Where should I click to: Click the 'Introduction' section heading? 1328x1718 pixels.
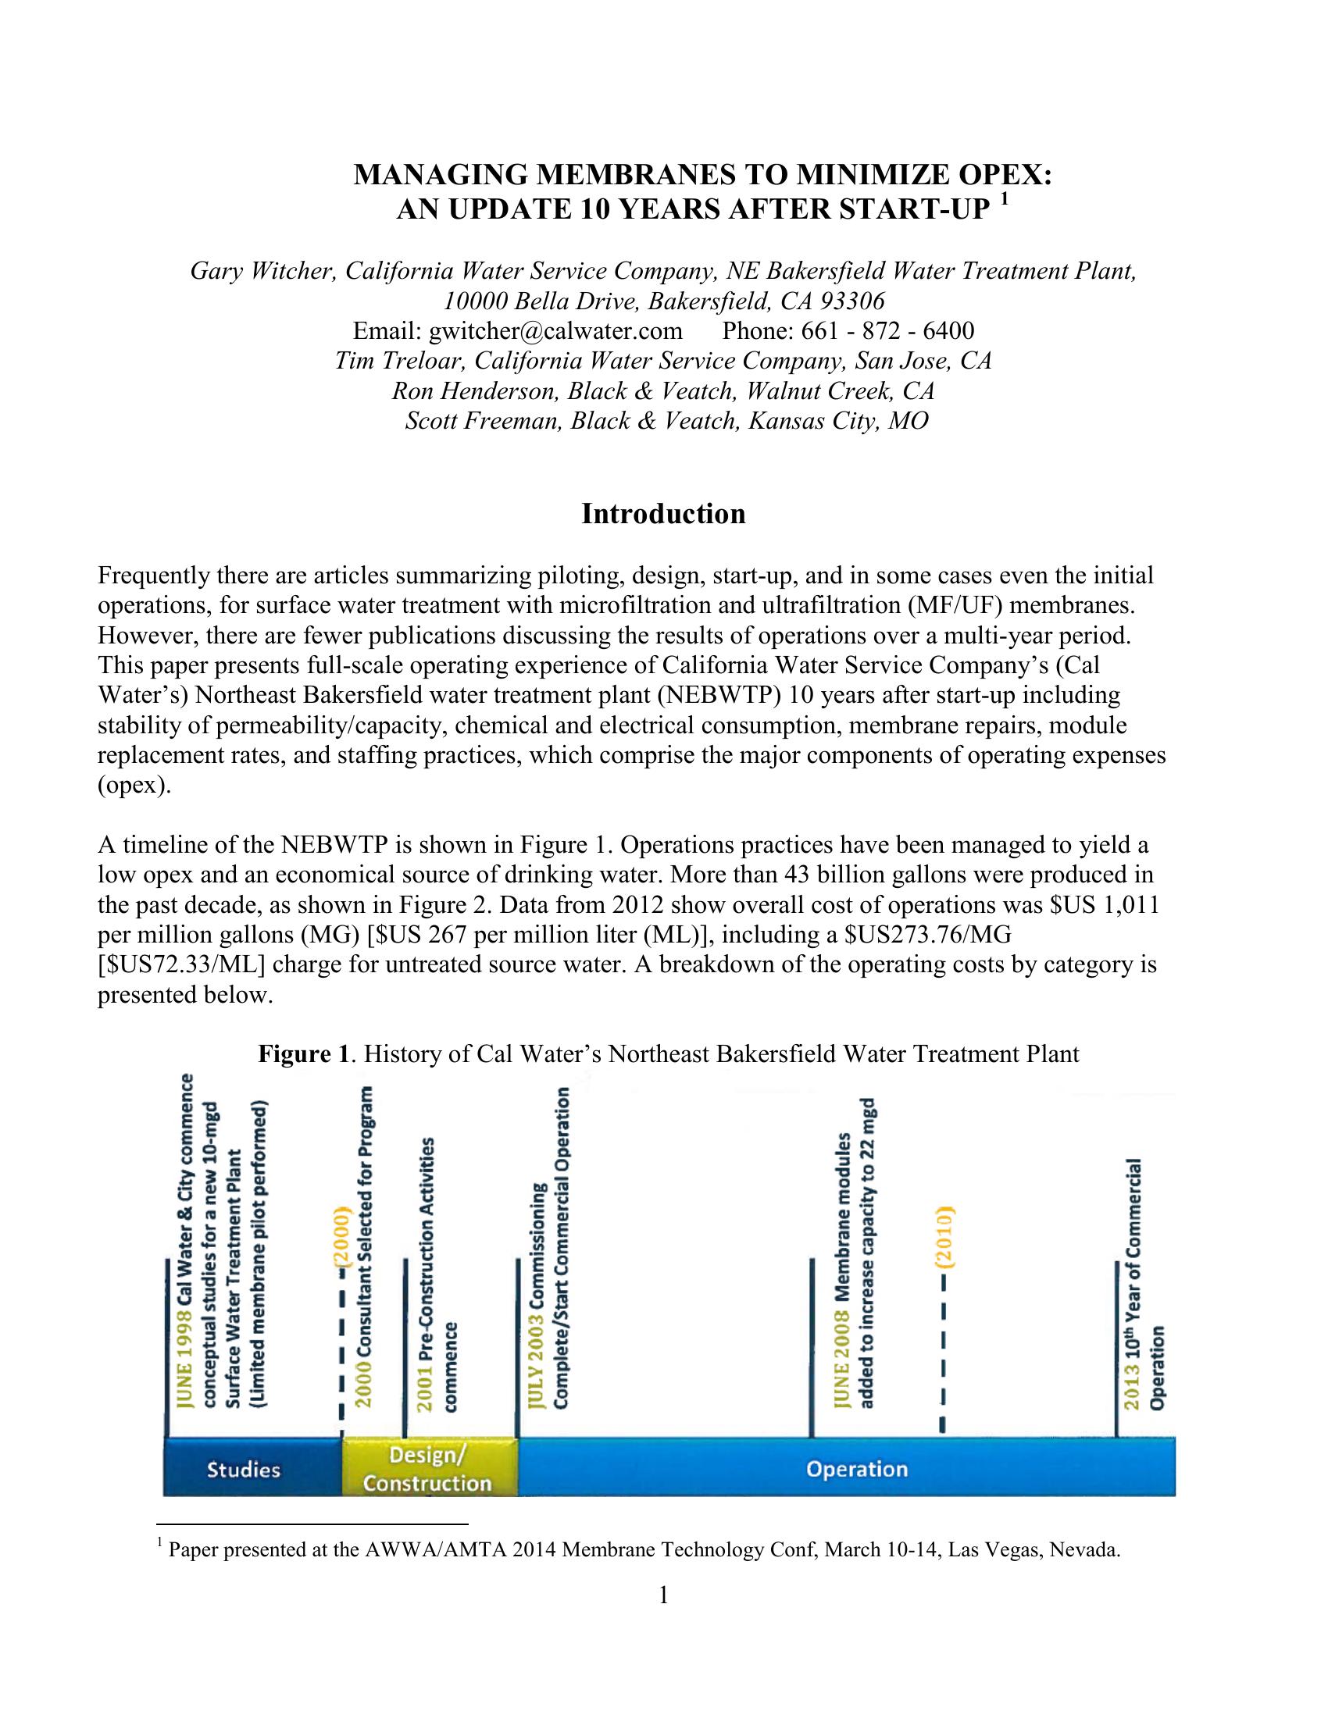click(663, 515)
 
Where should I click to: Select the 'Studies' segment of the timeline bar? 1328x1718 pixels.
click(243, 1470)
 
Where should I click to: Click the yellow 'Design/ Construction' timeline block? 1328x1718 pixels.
click(429, 1469)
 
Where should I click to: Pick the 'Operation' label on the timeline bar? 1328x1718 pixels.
click(857, 1469)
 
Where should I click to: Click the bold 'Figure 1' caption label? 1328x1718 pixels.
click(303, 1054)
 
